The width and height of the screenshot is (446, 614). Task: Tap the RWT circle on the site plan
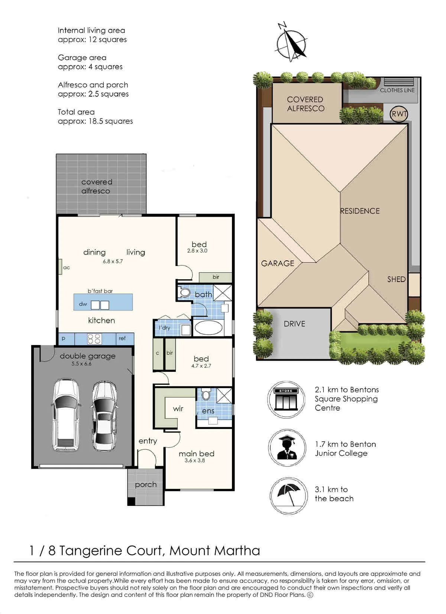pyautogui.click(x=399, y=114)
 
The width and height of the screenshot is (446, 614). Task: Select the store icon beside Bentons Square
pyautogui.click(x=286, y=399)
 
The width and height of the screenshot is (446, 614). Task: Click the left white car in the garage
pyautogui.click(x=66, y=415)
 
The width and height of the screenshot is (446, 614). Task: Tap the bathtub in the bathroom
pyautogui.click(x=209, y=328)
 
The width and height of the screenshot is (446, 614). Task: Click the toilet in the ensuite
pyautogui.click(x=206, y=395)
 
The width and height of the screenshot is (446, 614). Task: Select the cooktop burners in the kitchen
pyautogui.click(x=94, y=339)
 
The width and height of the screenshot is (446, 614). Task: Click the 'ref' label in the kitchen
pyautogui.click(x=122, y=338)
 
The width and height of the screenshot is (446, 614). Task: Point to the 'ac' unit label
pyautogui.click(x=67, y=267)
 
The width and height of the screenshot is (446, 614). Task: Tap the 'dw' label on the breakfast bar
pyautogui.click(x=83, y=304)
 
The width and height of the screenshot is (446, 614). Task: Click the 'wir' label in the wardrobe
pyautogui.click(x=178, y=409)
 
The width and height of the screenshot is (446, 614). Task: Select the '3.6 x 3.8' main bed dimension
pyautogui.click(x=195, y=461)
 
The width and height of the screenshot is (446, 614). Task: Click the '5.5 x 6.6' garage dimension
pyautogui.click(x=81, y=364)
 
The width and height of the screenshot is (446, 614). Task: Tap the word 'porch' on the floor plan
pyautogui.click(x=146, y=485)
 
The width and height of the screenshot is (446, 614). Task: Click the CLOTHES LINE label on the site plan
pyautogui.click(x=397, y=90)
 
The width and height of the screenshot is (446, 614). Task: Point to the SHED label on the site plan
pyautogui.click(x=396, y=279)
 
